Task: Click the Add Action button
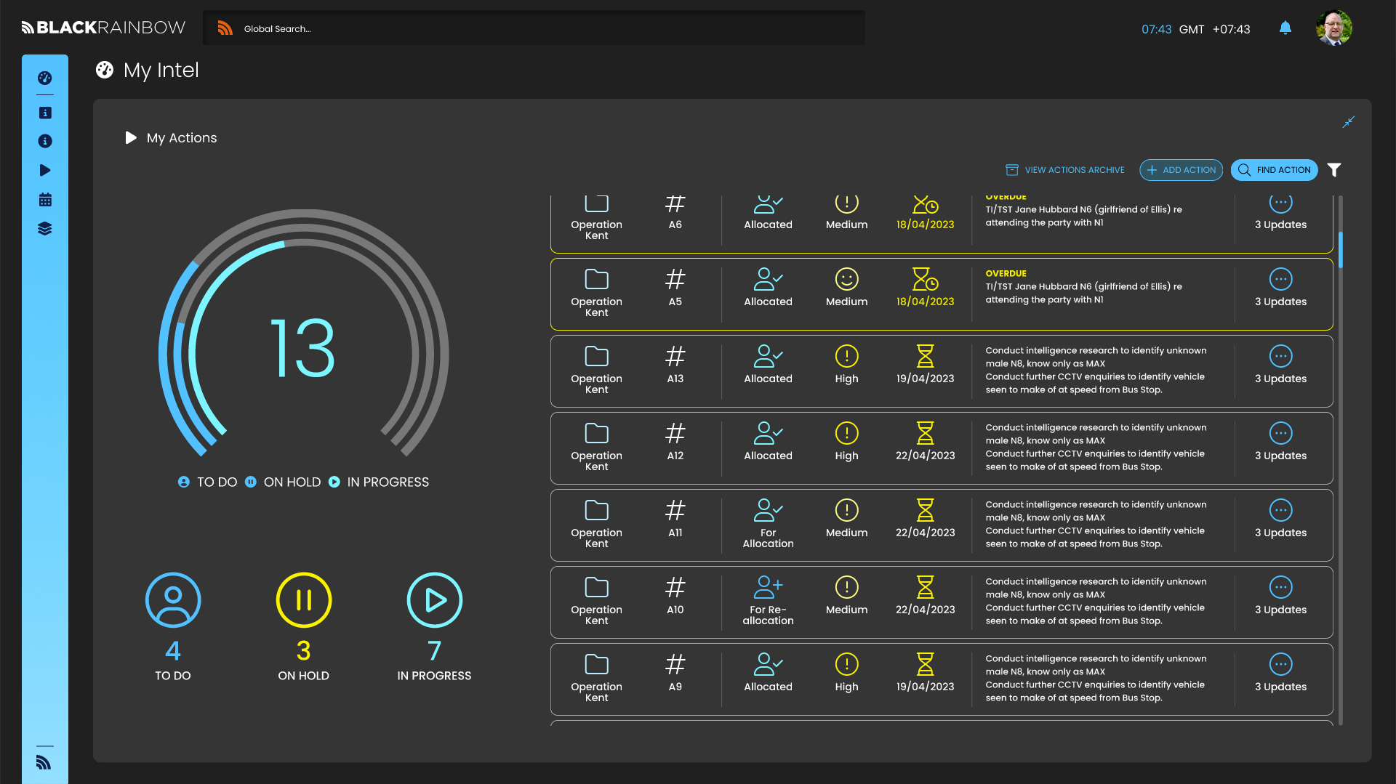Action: [1181, 170]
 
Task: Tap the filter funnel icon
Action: [1334, 170]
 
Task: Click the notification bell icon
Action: [1285, 28]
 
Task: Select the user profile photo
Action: [1333, 28]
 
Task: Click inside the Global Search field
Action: [538, 29]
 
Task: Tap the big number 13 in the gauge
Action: [302, 349]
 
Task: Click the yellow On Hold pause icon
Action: [304, 600]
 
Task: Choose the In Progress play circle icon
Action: [435, 600]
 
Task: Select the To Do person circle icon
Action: [173, 600]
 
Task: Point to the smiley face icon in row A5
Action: [846, 280]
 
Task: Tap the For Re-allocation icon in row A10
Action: [768, 587]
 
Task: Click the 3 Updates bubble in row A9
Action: [1280, 665]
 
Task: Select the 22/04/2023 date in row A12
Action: [925, 456]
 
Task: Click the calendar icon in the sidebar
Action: [45, 200]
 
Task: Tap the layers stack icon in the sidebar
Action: [45, 229]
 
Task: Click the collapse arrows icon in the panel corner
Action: [1349, 122]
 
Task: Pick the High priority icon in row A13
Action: [846, 357]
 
